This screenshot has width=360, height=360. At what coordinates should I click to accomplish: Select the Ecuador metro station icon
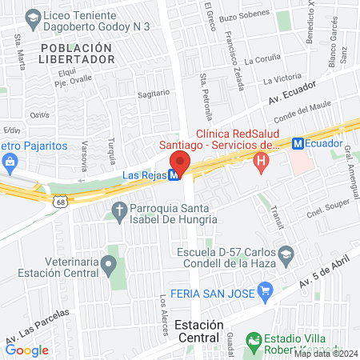[x=298, y=144]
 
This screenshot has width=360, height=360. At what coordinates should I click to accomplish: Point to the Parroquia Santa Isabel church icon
[x=119, y=211]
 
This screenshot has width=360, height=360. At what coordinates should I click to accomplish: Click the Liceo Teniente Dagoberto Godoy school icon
[x=34, y=16]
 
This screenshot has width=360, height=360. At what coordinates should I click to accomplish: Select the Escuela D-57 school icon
[x=286, y=256]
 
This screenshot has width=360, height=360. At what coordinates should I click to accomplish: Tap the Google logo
[x=26, y=350]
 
